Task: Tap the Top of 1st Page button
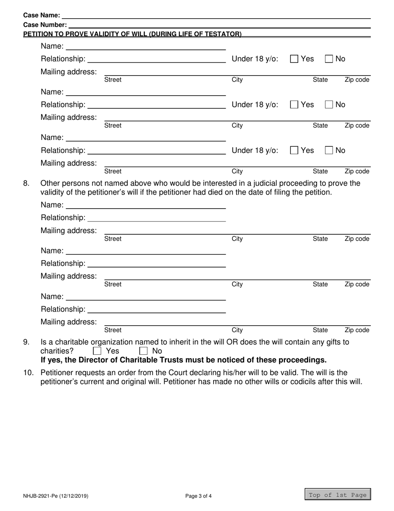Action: (x=338, y=494)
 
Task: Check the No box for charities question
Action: (x=143, y=351)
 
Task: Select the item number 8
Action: (x=26, y=183)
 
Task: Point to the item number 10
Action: (x=28, y=372)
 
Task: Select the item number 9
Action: (x=26, y=342)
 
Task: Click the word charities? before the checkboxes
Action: (x=57, y=351)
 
